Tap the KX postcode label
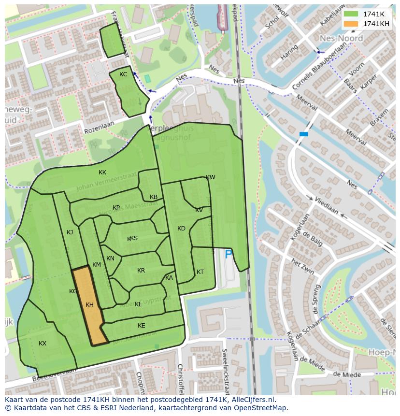click(x=43, y=344)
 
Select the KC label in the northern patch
click(x=123, y=74)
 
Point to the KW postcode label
click(x=211, y=177)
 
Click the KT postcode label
click(x=200, y=272)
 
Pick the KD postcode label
click(x=181, y=229)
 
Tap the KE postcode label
click(x=141, y=326)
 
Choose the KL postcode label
click(x=138, y=304)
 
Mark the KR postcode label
click(x=141, y=271)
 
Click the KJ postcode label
click(x=70, y=232)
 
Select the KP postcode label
click(x=116, y=208)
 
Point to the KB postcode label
click(x=154, y=197)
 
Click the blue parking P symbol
click(x=229, y=254)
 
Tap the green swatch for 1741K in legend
click(x=351, y=14)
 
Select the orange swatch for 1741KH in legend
click(x=351, y=24)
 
